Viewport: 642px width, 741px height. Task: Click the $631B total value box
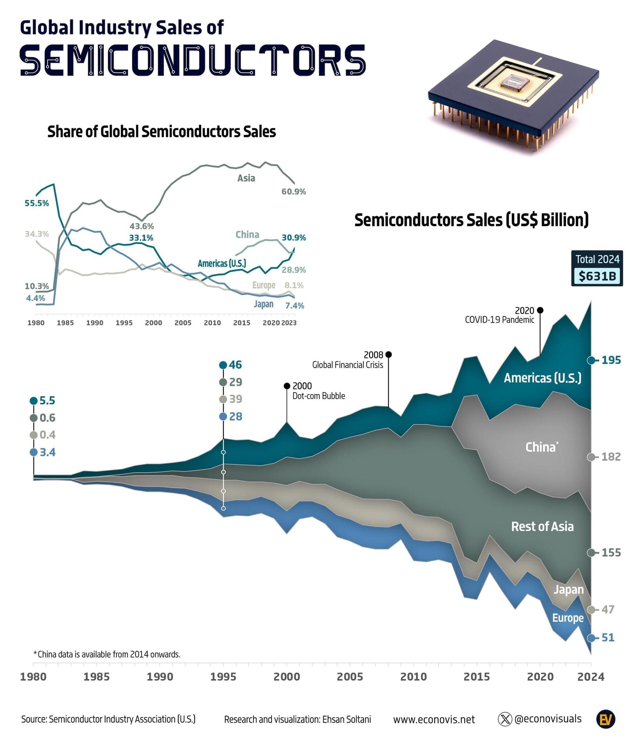597,276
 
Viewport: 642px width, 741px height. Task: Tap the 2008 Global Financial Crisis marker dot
389,354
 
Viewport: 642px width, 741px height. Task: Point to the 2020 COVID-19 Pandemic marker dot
540,310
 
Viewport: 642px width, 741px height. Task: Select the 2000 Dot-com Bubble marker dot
287,386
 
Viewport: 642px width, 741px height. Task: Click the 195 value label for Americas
611,360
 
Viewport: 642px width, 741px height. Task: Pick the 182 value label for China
611,457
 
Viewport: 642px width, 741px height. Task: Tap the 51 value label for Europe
608,638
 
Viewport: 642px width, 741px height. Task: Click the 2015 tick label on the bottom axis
477,677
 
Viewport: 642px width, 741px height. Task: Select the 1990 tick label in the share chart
94,323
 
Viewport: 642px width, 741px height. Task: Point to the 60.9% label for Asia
293,192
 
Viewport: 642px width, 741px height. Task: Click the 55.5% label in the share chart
36,203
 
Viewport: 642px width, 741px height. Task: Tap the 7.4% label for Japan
295,306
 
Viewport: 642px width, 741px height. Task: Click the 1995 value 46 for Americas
235,365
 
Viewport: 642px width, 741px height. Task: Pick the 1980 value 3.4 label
47,453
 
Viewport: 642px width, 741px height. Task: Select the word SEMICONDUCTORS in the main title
193,60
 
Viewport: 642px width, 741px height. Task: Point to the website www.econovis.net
434,719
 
